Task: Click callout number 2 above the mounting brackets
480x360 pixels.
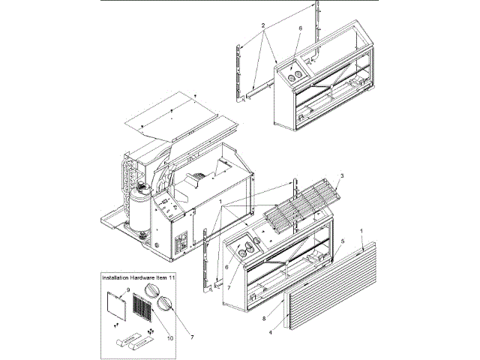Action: click(264, 25)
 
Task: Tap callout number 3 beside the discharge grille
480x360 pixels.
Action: click(341, 175)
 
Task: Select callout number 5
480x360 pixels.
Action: click(343, 241)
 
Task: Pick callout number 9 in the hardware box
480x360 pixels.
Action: click(128, 289)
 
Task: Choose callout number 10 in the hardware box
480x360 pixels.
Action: click(169, 338)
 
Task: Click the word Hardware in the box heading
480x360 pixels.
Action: click(148, 277)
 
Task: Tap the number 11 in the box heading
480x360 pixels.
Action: click(171, 277)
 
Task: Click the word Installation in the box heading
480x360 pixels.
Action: click(118, 277)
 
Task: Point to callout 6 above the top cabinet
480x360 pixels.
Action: click(300, 28)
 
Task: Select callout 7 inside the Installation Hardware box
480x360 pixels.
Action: click(191, 338)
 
